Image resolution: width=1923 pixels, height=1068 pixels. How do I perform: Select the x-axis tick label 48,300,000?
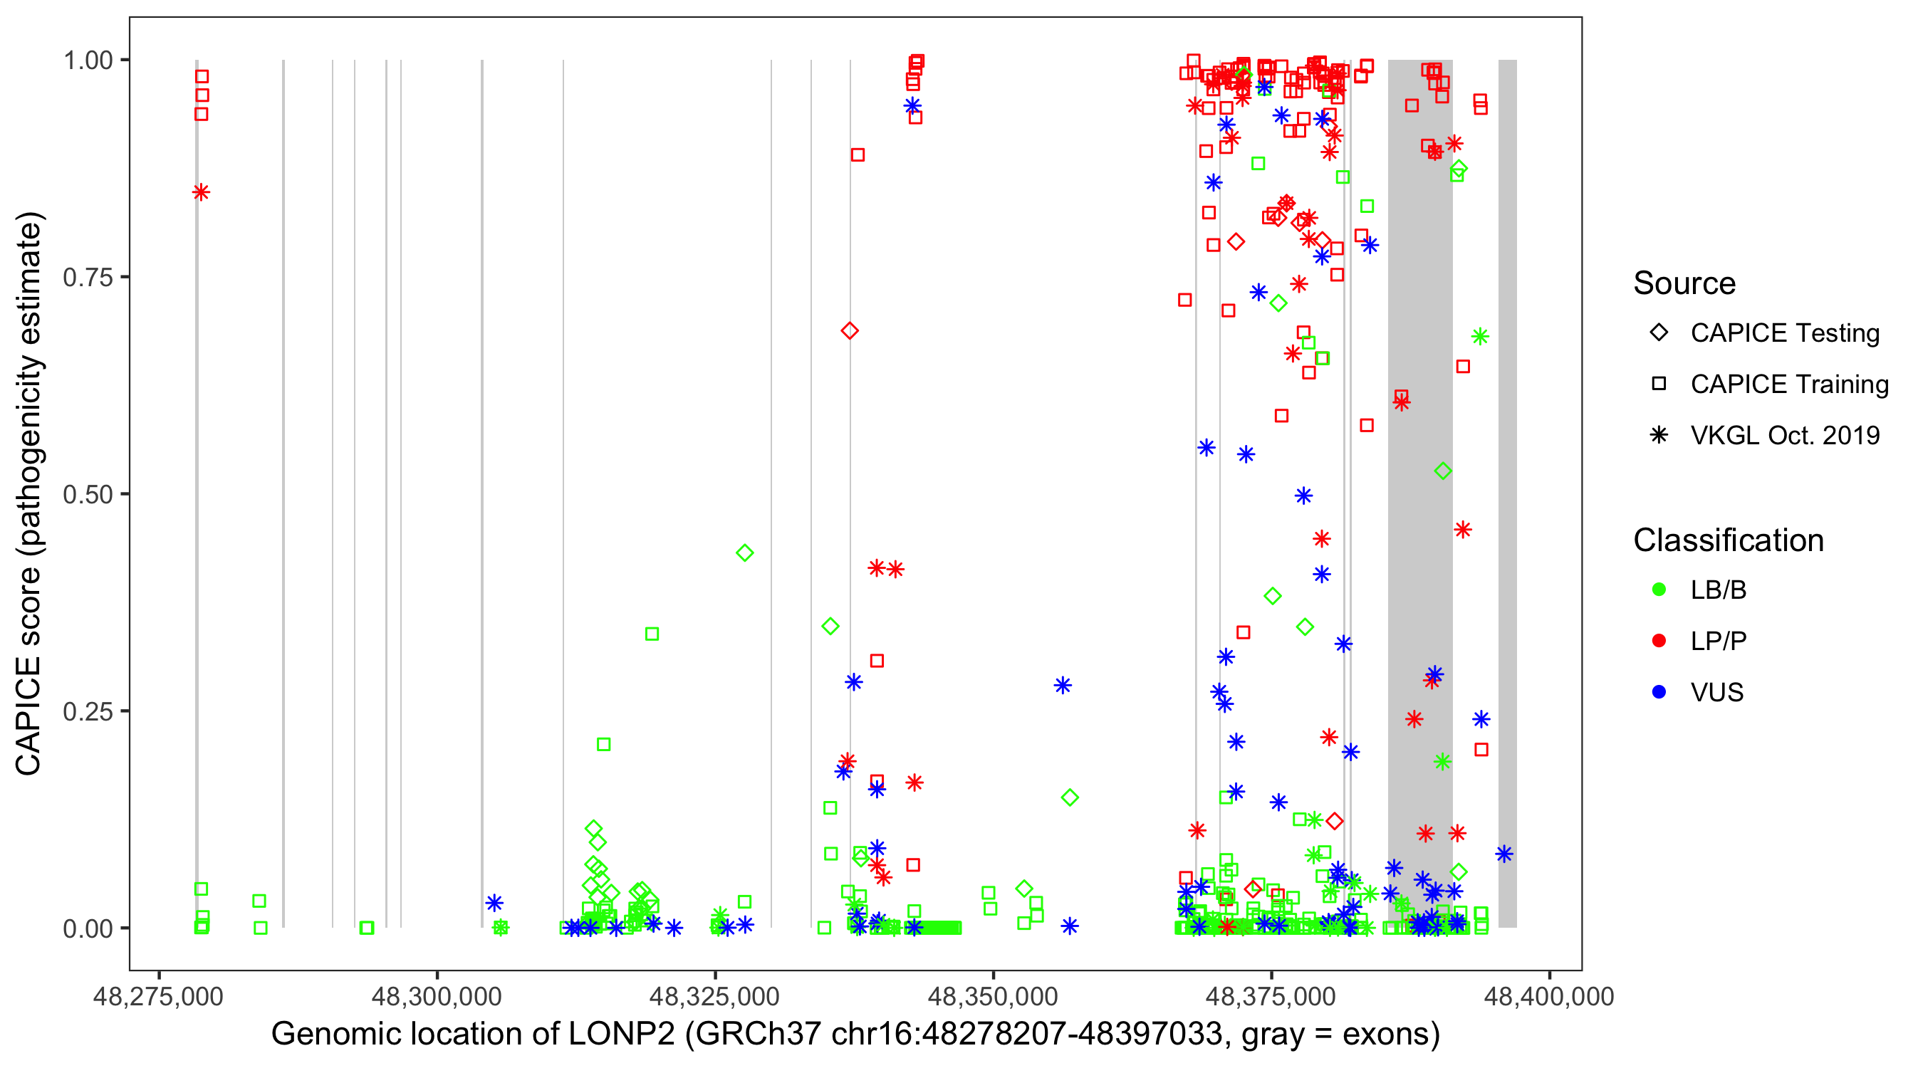[437, 996]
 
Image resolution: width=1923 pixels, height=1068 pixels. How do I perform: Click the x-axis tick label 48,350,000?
[993, 996]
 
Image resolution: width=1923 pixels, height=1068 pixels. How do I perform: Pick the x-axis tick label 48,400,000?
[1549, 996]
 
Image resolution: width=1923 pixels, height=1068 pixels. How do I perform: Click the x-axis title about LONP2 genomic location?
[855, 1035]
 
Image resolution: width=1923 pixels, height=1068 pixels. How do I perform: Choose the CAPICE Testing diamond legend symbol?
[1659, 333]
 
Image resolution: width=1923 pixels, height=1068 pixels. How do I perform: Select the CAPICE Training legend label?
[1789, 384]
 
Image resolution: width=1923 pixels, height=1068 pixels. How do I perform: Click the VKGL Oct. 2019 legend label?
[1785, 435]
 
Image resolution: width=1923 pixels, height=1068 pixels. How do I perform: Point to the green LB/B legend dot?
[1659, 590]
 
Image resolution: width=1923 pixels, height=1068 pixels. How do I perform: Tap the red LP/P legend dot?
[1659, 641]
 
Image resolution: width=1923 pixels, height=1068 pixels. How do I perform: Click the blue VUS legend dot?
[1659, 692]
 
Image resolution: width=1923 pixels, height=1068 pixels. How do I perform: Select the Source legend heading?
[1684, 283]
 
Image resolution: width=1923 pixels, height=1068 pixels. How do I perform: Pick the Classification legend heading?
[1728, 540]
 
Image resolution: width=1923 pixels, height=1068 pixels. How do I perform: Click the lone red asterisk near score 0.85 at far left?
[201, 192]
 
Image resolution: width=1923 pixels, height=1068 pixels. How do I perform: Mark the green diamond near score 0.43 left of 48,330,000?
[744, 553]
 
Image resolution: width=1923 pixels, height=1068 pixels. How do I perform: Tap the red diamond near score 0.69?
[850, 330]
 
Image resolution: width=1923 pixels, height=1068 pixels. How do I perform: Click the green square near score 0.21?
[604, 744]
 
